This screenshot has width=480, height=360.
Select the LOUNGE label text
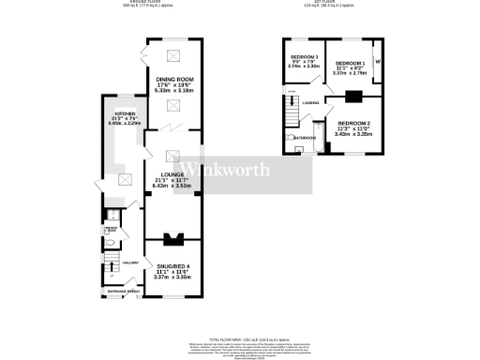pos(171,174)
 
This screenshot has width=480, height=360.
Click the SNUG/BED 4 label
pos(171,265)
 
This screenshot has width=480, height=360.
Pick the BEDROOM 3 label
pos(304,58)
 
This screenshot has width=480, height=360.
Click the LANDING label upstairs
pos(311,101)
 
